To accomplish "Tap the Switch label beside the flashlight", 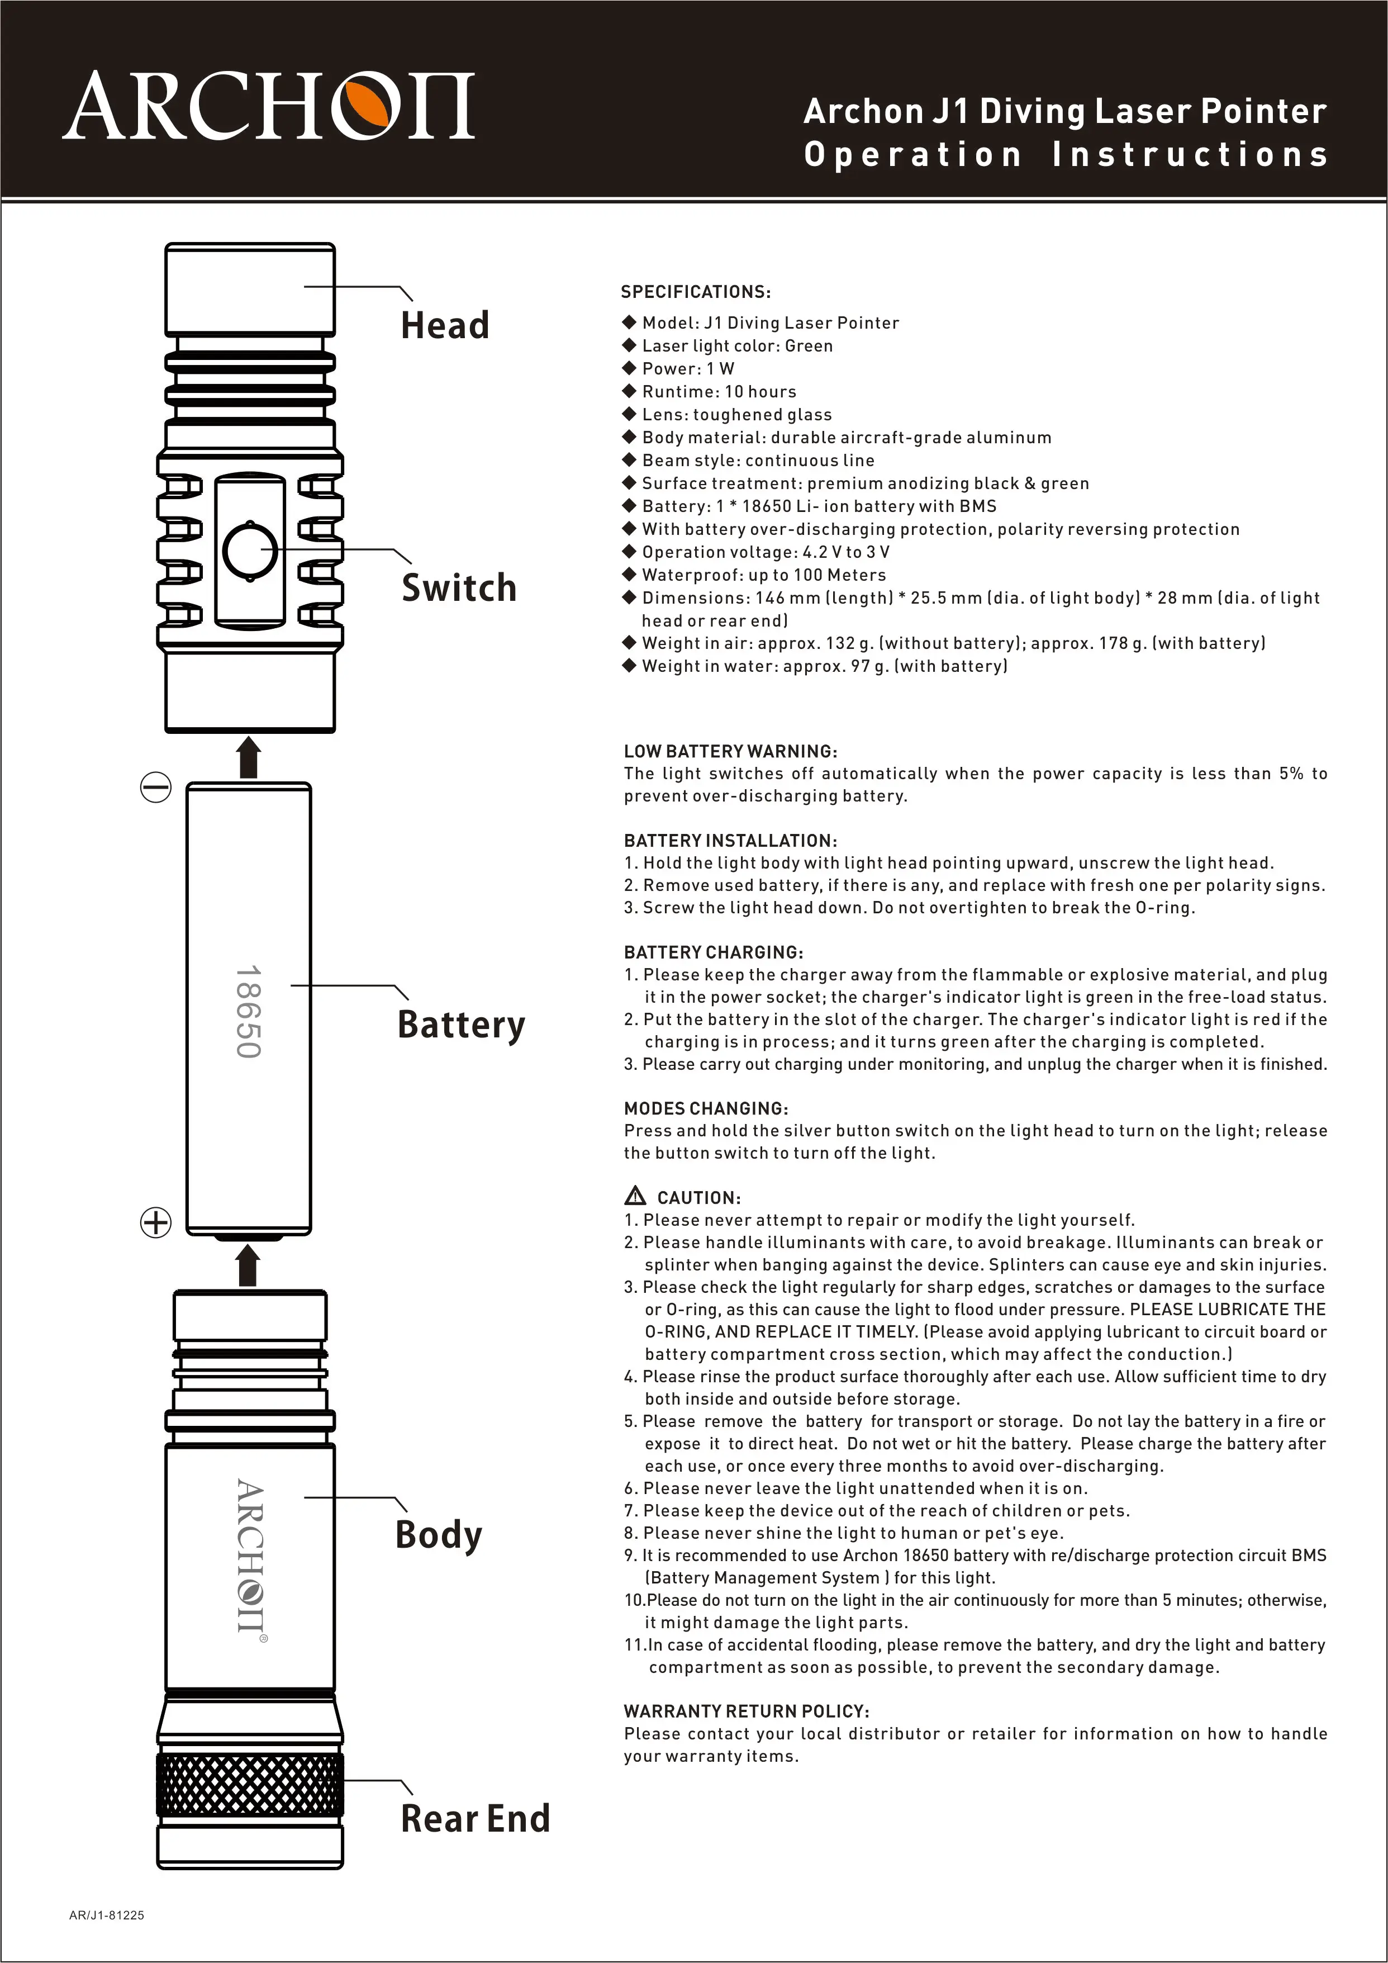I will coord(459,588).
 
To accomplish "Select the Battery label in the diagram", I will coord(460,1024).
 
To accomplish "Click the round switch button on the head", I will coord(250,551).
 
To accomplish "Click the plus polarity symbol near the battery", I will coord(155,1222).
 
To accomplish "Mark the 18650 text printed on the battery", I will coord(248,1012).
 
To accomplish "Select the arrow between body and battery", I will coord(248,1265).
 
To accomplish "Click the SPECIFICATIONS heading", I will coord(696,292).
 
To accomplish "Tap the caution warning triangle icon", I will coord(635,1196).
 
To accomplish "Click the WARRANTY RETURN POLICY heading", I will coord(746,1711).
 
